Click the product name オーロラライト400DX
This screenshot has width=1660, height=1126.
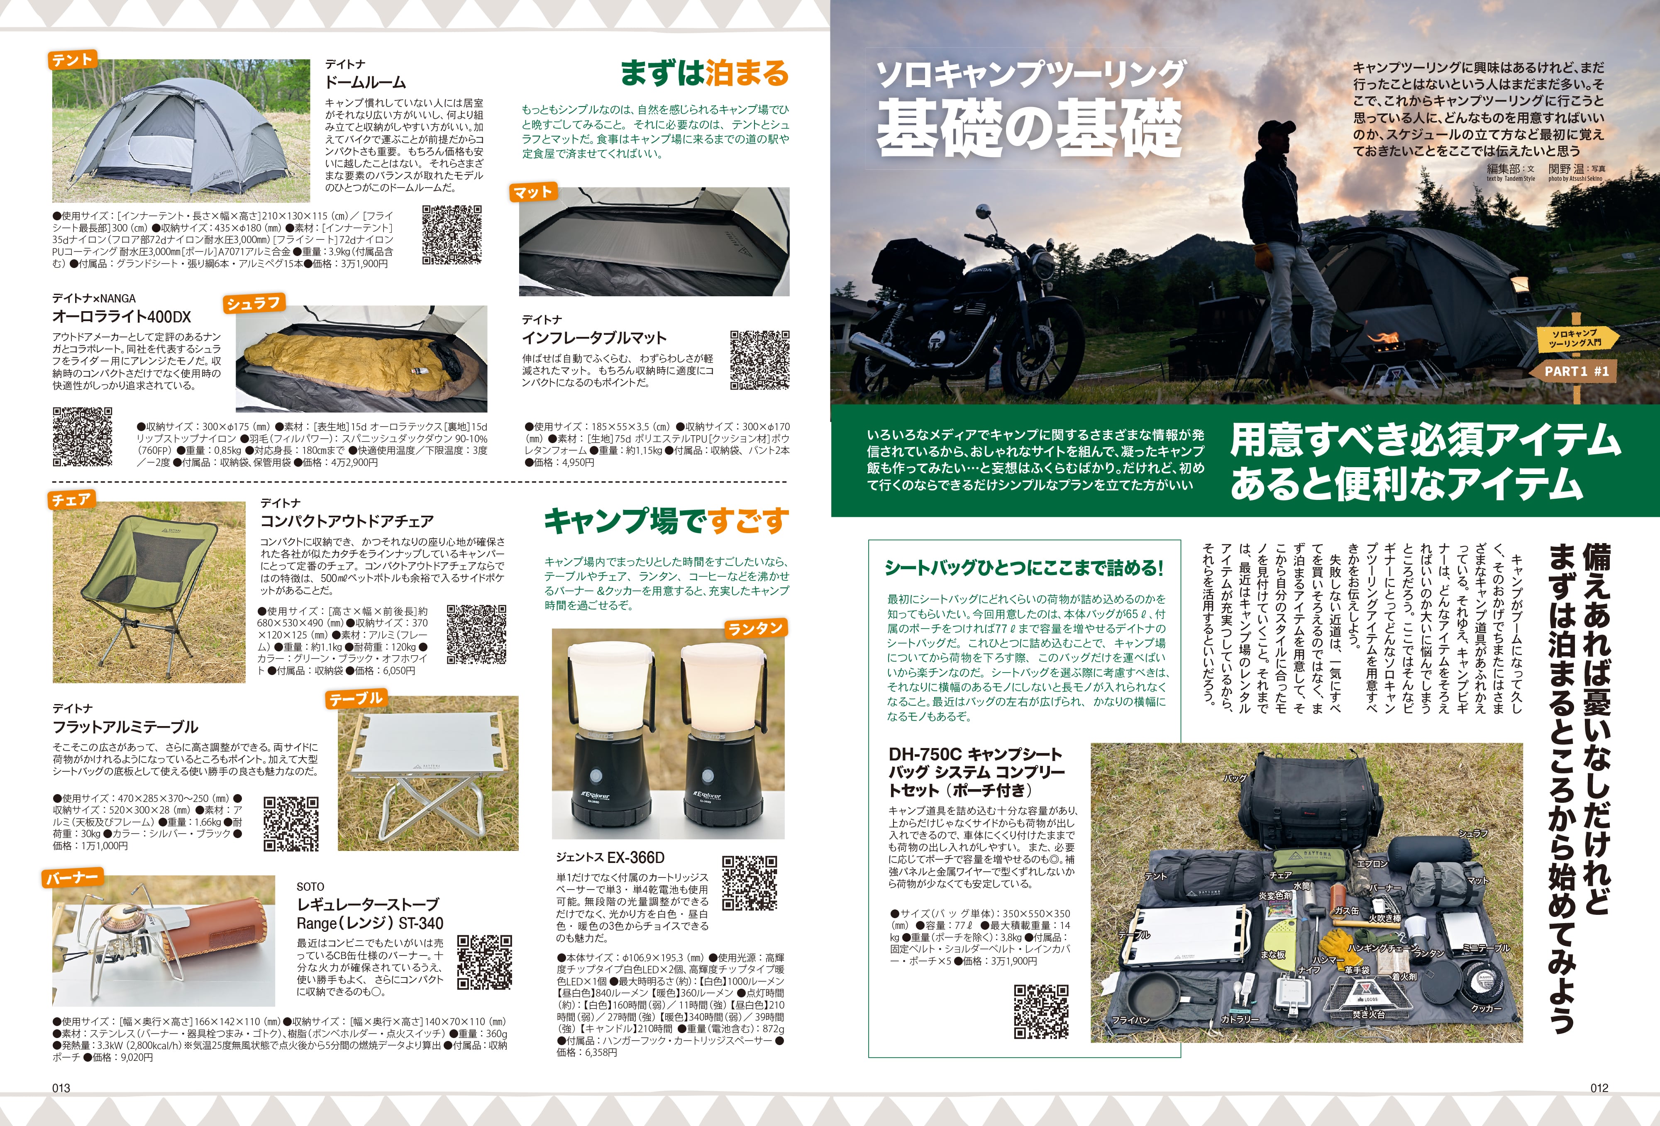pyautogui.click(x=122, y=316)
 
